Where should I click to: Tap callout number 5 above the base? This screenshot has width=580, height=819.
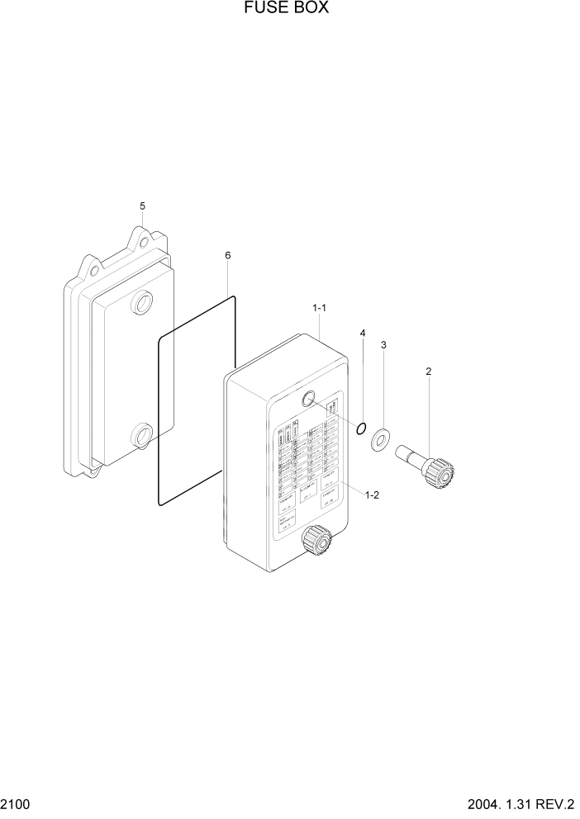[x=142, y=206]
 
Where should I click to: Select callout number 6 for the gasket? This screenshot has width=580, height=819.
[x=228, y=256]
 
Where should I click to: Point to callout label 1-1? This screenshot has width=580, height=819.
[x=320, y=308]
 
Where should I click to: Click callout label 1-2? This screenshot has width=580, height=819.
[x=372, y=495]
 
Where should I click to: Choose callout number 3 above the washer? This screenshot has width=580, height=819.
[x=383, y=345]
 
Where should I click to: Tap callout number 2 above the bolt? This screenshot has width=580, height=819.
[x=429, y=372]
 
